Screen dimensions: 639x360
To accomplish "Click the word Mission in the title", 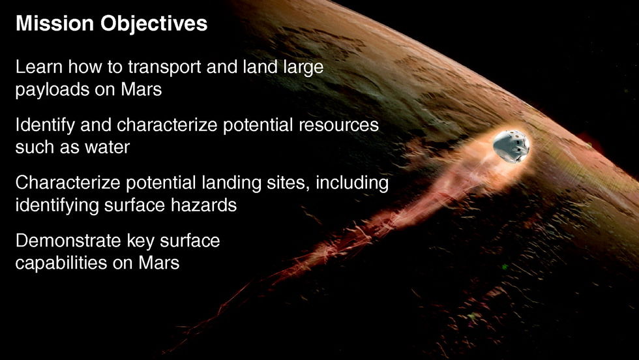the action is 55,23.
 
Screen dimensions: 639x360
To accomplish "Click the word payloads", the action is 52,90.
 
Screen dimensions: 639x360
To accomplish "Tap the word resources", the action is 338,125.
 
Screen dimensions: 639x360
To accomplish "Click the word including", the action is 352,183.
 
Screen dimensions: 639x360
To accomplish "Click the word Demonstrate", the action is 68,241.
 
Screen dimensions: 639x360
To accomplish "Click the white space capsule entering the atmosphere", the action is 511,146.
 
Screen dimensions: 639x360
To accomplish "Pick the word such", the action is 35,147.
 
